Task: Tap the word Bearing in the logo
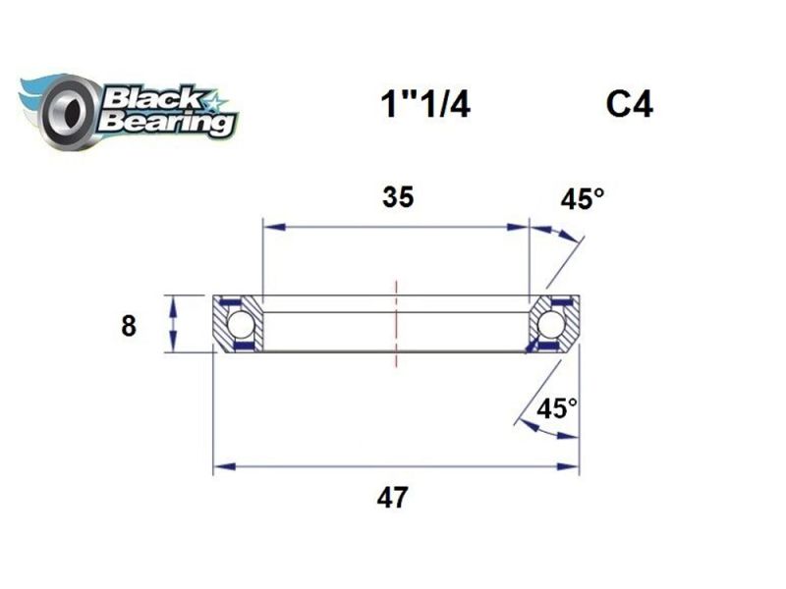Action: pos(167,123)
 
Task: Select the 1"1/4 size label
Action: pos(424,105)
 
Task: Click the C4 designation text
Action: pos(629,105)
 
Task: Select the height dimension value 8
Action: pos(128,325)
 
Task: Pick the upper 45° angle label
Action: pos(583,199)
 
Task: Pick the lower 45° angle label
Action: pos(557,407)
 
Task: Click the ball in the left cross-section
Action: pos(240,323)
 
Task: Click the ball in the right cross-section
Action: pos(551,323)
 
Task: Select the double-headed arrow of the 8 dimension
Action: pos(174,323)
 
